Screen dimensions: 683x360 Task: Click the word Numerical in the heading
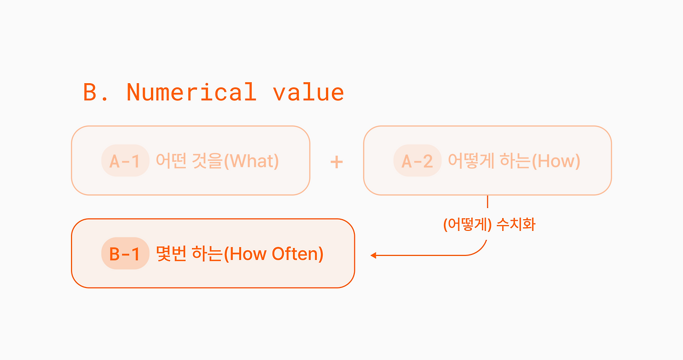pyautogui.click(x=192, y=92)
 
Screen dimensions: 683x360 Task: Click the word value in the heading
pyautogui.click(x=308, y=92)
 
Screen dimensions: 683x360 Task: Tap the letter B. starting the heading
pyautogui.click(x=95, y=92)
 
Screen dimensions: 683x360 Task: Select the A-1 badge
pyautogui.click(x=125, y=161)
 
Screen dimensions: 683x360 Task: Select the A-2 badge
pyautogui.click(x=417, y=161)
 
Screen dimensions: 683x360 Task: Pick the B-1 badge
pyautogui.click(x=125, y=253)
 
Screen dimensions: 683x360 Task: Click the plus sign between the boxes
pyautogui.click(x=337, y=162)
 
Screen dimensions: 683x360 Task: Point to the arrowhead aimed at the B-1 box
pyautogui.click(x=374, y=255)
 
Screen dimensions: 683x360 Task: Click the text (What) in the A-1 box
pyautogui.click(x=251, y=161)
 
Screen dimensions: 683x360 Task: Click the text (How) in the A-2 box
pyautogui.click(x=556, y=161)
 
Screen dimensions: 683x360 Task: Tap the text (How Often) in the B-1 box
pyautogui.click(x=274, y=254)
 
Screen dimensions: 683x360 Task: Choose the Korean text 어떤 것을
pyautogui.click(x=189, y=161)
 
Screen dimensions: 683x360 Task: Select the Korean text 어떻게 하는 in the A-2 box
pyautogui.click(x=490, y=161)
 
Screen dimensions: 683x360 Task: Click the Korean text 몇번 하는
pyautogui.click(x=189, y=253)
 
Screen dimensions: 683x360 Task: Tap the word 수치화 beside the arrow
pyautogui.click(x=516, y=225)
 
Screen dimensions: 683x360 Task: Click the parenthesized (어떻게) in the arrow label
pyautogui.click(x=467, y=225)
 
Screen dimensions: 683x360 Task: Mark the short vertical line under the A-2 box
pyautogui.click(x=488, y=202)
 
